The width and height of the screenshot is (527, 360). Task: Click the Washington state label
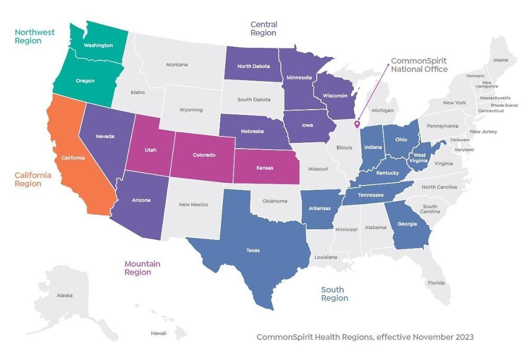[x=99, y=45]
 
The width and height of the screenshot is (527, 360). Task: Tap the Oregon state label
[x=85, y=81]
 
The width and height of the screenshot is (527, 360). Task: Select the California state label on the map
[x=73, y=157]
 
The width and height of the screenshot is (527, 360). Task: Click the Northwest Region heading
[x=34, y=36]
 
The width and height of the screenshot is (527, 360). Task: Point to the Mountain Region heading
[x=142, y=268]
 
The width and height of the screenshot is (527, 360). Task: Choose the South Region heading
[x=335, y=294]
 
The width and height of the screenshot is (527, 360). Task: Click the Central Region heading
[x=263, y=28]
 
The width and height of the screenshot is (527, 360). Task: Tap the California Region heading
[x=33, y=179]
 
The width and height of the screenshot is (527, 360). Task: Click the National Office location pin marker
[x=357, y=125]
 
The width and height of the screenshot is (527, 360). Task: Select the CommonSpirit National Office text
[x=419, y=65]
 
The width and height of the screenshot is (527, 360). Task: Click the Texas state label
[x=253, y=250]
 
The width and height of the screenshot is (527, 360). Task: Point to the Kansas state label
[x=265, y=167]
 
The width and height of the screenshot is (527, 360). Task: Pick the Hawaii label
[x=159, y=333]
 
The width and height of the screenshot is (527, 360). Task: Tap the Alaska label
[x=64, y=295]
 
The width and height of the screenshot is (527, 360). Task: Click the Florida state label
[x=436, y=283]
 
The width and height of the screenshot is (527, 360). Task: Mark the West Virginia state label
[x=419, y=158]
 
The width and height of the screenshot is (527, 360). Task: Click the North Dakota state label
[x=253, y=66]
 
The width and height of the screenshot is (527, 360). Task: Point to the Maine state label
[x=501, y=60]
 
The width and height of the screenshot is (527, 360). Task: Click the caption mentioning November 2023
[x=365, y=337]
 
